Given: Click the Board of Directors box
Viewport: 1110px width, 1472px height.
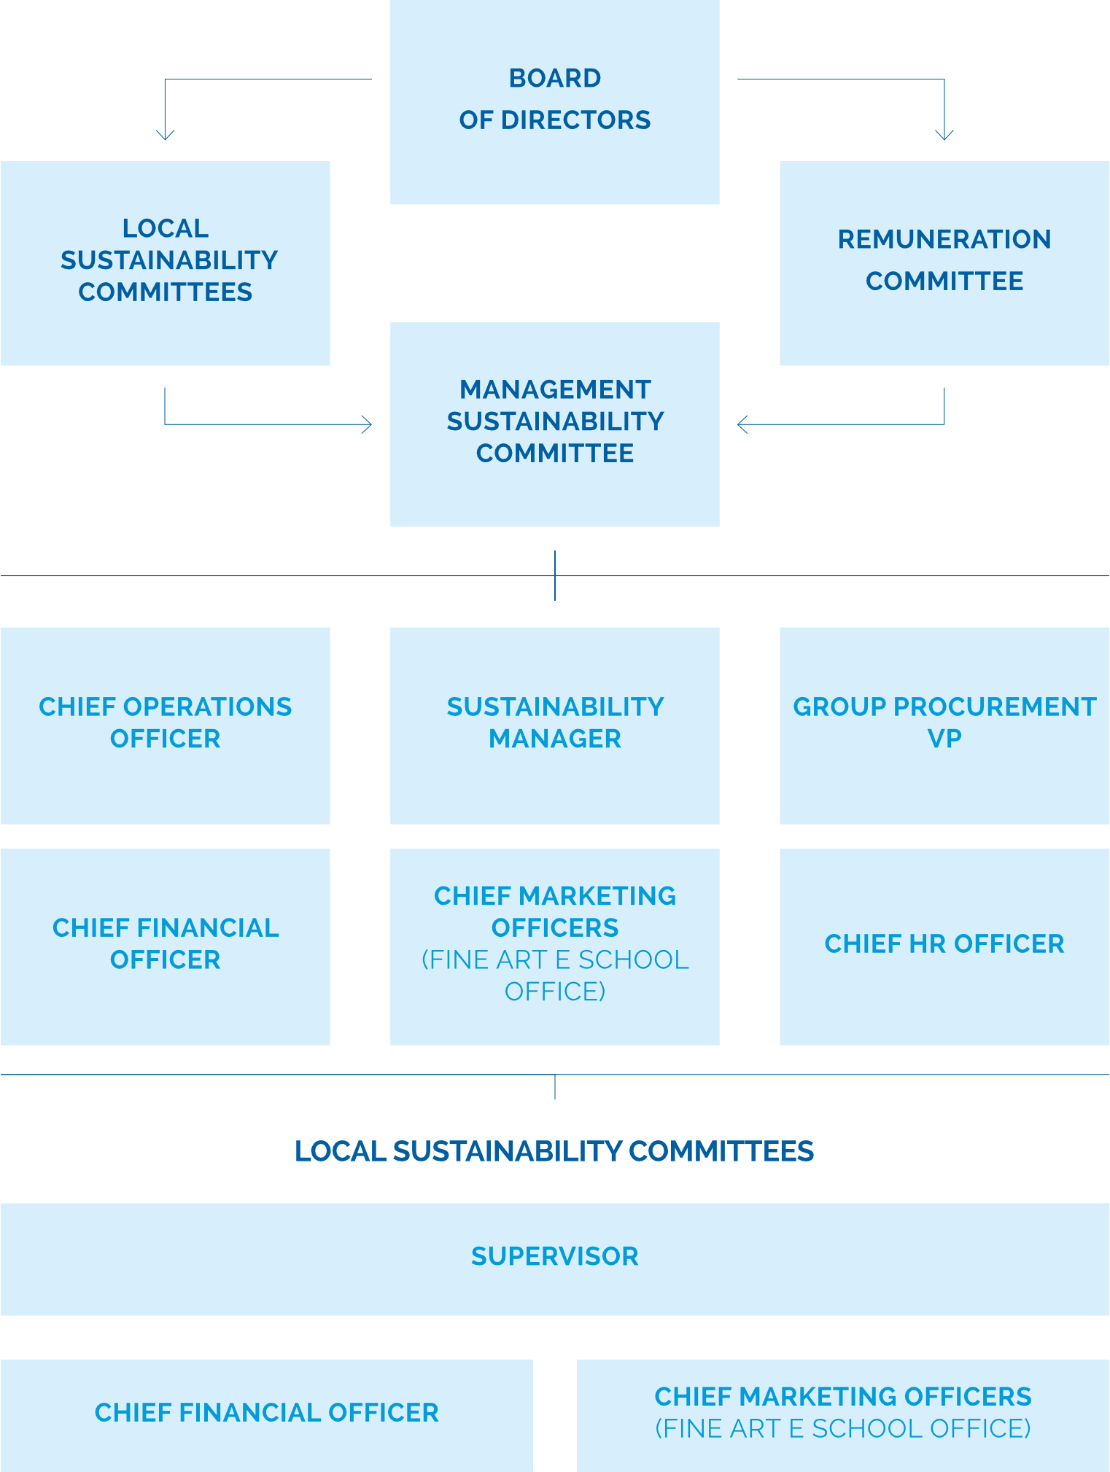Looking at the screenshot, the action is [554, 102].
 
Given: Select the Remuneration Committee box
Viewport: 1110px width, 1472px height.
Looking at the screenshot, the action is [944, 263].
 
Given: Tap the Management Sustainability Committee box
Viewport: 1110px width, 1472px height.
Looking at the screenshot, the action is [554, 424].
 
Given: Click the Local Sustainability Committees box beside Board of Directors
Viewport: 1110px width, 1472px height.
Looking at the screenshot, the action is [165, 263].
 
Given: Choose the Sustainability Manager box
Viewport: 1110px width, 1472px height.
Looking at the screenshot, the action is [554, 725].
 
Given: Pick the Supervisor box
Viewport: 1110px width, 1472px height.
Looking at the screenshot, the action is [554, 1259].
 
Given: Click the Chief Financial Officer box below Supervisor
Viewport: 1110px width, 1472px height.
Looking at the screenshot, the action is [266, 1415].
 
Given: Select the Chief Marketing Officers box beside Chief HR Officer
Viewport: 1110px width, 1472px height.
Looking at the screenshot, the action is [554, 946].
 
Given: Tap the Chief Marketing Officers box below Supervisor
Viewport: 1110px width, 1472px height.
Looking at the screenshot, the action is [843, 1415].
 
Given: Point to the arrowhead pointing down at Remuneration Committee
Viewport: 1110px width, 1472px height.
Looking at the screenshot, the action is [944, 135].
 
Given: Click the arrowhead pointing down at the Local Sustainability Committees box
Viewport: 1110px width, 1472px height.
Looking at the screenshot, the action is [166, 135].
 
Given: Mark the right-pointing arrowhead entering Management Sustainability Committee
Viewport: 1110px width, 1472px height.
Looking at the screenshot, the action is [368, 424].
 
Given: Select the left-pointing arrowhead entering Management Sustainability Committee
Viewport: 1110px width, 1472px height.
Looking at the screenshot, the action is [742, 424].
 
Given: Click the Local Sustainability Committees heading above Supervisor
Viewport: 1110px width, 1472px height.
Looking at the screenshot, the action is [554, 1151].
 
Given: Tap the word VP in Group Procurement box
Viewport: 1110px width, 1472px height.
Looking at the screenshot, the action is [944, 739].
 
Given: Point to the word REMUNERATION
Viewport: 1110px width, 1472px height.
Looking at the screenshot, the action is [944, 239].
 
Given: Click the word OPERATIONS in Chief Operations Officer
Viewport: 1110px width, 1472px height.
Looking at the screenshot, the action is [207, 706].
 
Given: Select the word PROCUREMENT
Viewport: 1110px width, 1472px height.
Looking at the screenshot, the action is [995, 706].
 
